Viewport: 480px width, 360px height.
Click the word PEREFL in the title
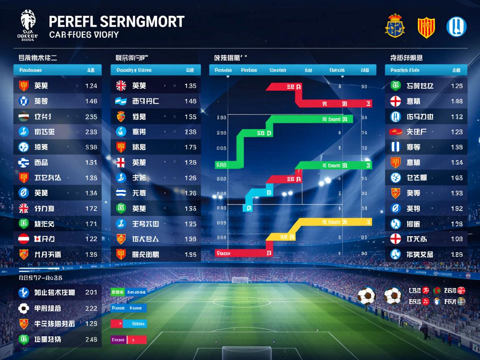72,21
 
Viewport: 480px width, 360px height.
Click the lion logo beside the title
28,24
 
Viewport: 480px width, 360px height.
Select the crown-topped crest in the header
395,26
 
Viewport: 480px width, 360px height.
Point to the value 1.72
91,208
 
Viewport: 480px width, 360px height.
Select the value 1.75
190,147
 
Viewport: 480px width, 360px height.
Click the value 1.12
457,117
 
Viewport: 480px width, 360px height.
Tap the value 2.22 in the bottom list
91,308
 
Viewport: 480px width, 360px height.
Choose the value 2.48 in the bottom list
91,339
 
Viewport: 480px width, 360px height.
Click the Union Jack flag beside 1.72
24,208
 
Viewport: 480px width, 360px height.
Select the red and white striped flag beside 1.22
24,239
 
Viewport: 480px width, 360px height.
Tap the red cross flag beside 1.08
395,239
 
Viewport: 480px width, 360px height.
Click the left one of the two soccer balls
367,296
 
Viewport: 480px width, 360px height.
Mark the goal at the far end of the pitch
240,280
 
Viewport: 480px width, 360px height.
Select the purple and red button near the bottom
129,340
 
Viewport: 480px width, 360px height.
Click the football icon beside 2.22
24,308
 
